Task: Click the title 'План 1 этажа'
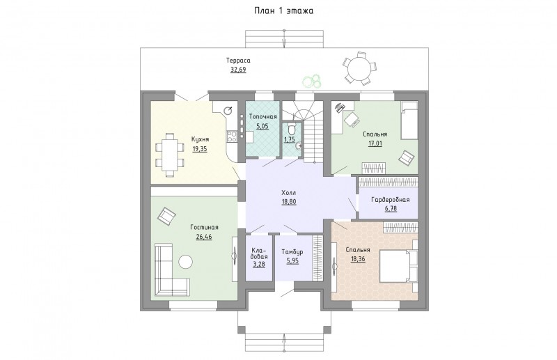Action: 283,11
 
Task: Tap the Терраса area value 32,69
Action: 238,70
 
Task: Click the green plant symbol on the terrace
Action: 312,81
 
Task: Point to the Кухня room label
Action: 200,139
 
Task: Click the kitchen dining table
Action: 170,155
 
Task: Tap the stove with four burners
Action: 233,136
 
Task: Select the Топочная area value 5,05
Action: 262,126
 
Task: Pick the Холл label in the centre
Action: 288,193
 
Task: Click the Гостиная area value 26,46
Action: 204,236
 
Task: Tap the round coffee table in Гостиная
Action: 185,263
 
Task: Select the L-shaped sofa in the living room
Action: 171,270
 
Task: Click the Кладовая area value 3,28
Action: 259,265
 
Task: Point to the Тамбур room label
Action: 292,252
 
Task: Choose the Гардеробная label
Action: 391,200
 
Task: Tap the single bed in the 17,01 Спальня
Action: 409,120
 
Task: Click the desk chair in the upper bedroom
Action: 352,118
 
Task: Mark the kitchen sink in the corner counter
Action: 228,111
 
